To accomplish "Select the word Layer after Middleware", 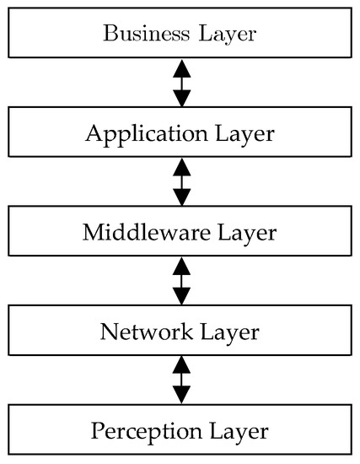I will tap(245, 232).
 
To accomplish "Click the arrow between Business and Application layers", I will tap(180, 84).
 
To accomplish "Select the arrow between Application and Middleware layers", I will tap(180, 183).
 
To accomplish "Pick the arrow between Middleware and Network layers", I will tap(180, 282).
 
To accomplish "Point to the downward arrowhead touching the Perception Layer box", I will tap(180, 397).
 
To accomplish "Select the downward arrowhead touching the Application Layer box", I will tap(180, 100).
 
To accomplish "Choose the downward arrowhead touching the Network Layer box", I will tap(180, 298).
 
